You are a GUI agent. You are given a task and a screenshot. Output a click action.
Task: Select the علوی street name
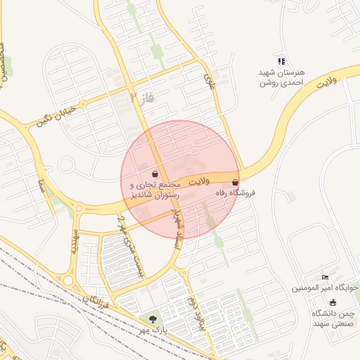pyautogui.click(x=209, y=82)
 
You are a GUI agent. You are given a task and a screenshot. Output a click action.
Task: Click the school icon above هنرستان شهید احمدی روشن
pyautogui.click(x=281, y=61)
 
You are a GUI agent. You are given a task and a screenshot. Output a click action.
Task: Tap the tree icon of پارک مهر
pyautogui.click(x=153, y=319)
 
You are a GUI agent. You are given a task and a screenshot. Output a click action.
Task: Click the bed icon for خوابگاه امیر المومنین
pyautogui.click(x=324, y=278)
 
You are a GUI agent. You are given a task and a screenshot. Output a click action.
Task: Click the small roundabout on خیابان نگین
pyautogui.click(x=66, y=166)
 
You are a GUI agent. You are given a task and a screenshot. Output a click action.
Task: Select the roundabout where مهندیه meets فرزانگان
pyautogui.click(x=69, y=280)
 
